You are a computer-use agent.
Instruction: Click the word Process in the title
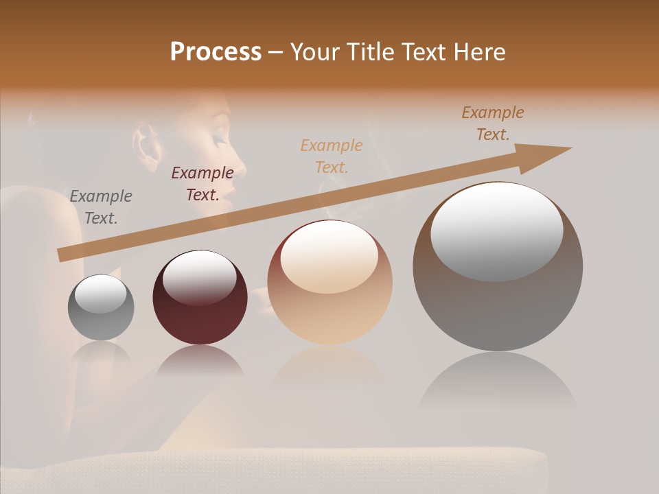(216, 52)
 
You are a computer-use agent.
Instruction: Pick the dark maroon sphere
(200, 309)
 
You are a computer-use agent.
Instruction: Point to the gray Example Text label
(101, 207)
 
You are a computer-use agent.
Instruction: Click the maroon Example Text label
(203, 184)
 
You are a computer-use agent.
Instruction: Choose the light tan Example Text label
(332, 156)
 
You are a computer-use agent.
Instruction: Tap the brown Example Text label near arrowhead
(493, 123)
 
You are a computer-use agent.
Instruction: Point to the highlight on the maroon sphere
(200, 278)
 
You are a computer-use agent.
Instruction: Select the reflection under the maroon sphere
(200, 360)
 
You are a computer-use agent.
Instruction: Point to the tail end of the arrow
(62, 255)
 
